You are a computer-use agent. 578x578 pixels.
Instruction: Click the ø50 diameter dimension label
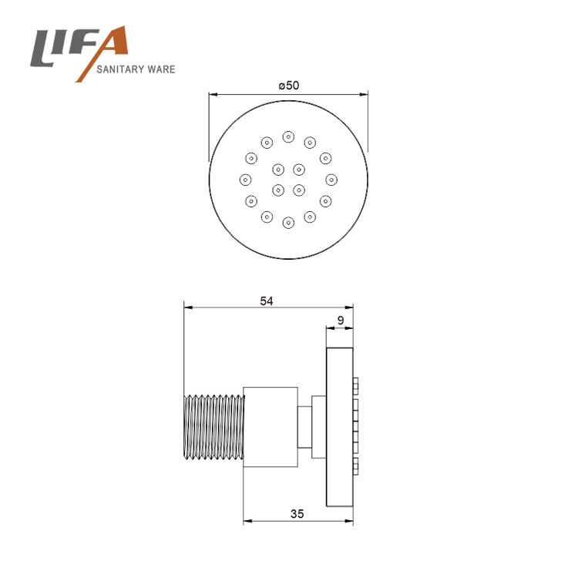[x=289, y=86]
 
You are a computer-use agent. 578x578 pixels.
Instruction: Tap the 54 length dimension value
[x=267, y=301]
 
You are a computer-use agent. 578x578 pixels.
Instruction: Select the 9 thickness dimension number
[x=341, y=321]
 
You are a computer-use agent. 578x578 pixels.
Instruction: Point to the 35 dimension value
[x=297, y=513]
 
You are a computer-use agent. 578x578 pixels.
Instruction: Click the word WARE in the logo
[x=161, y=69]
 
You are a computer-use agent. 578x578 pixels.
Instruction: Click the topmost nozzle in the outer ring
[x=288, y=137]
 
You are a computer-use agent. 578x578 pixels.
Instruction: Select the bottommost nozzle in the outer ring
[x=288, y=223]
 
